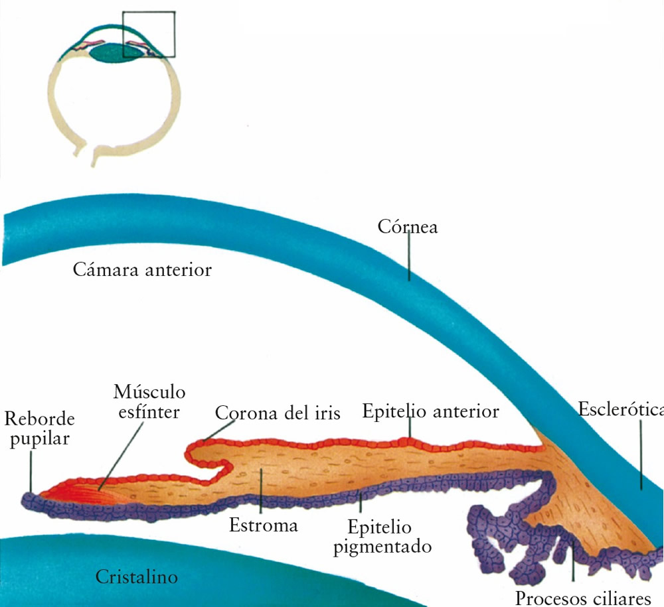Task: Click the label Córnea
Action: (408, 227)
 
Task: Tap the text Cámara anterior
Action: (142, 270)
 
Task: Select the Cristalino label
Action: (137, 576)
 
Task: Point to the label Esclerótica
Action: (620, 409)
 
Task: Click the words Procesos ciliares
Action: (583, 597)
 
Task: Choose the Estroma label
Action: (263, 525)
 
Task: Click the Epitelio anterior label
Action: (430, 411)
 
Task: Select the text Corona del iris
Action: (278, 413)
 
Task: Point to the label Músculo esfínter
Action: (149, 401)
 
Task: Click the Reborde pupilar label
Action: (39, 429)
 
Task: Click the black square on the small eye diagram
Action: (149, 34)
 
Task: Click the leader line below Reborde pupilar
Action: (31, 471)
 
